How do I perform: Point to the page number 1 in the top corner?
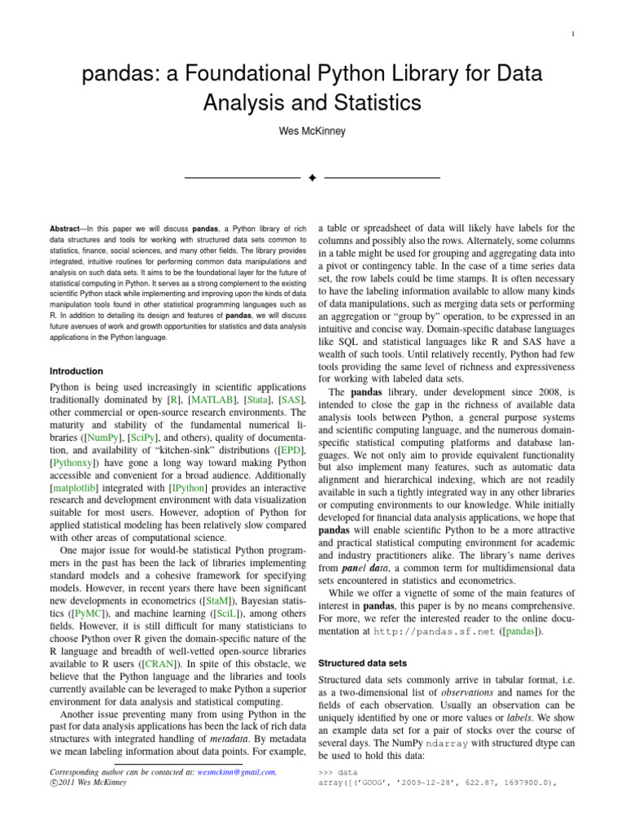(x=575, y=33)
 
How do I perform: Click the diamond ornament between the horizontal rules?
(x=312, y=177)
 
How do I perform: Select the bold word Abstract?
(x=67, y=230)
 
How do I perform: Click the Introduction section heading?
(x=76, y=371)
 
